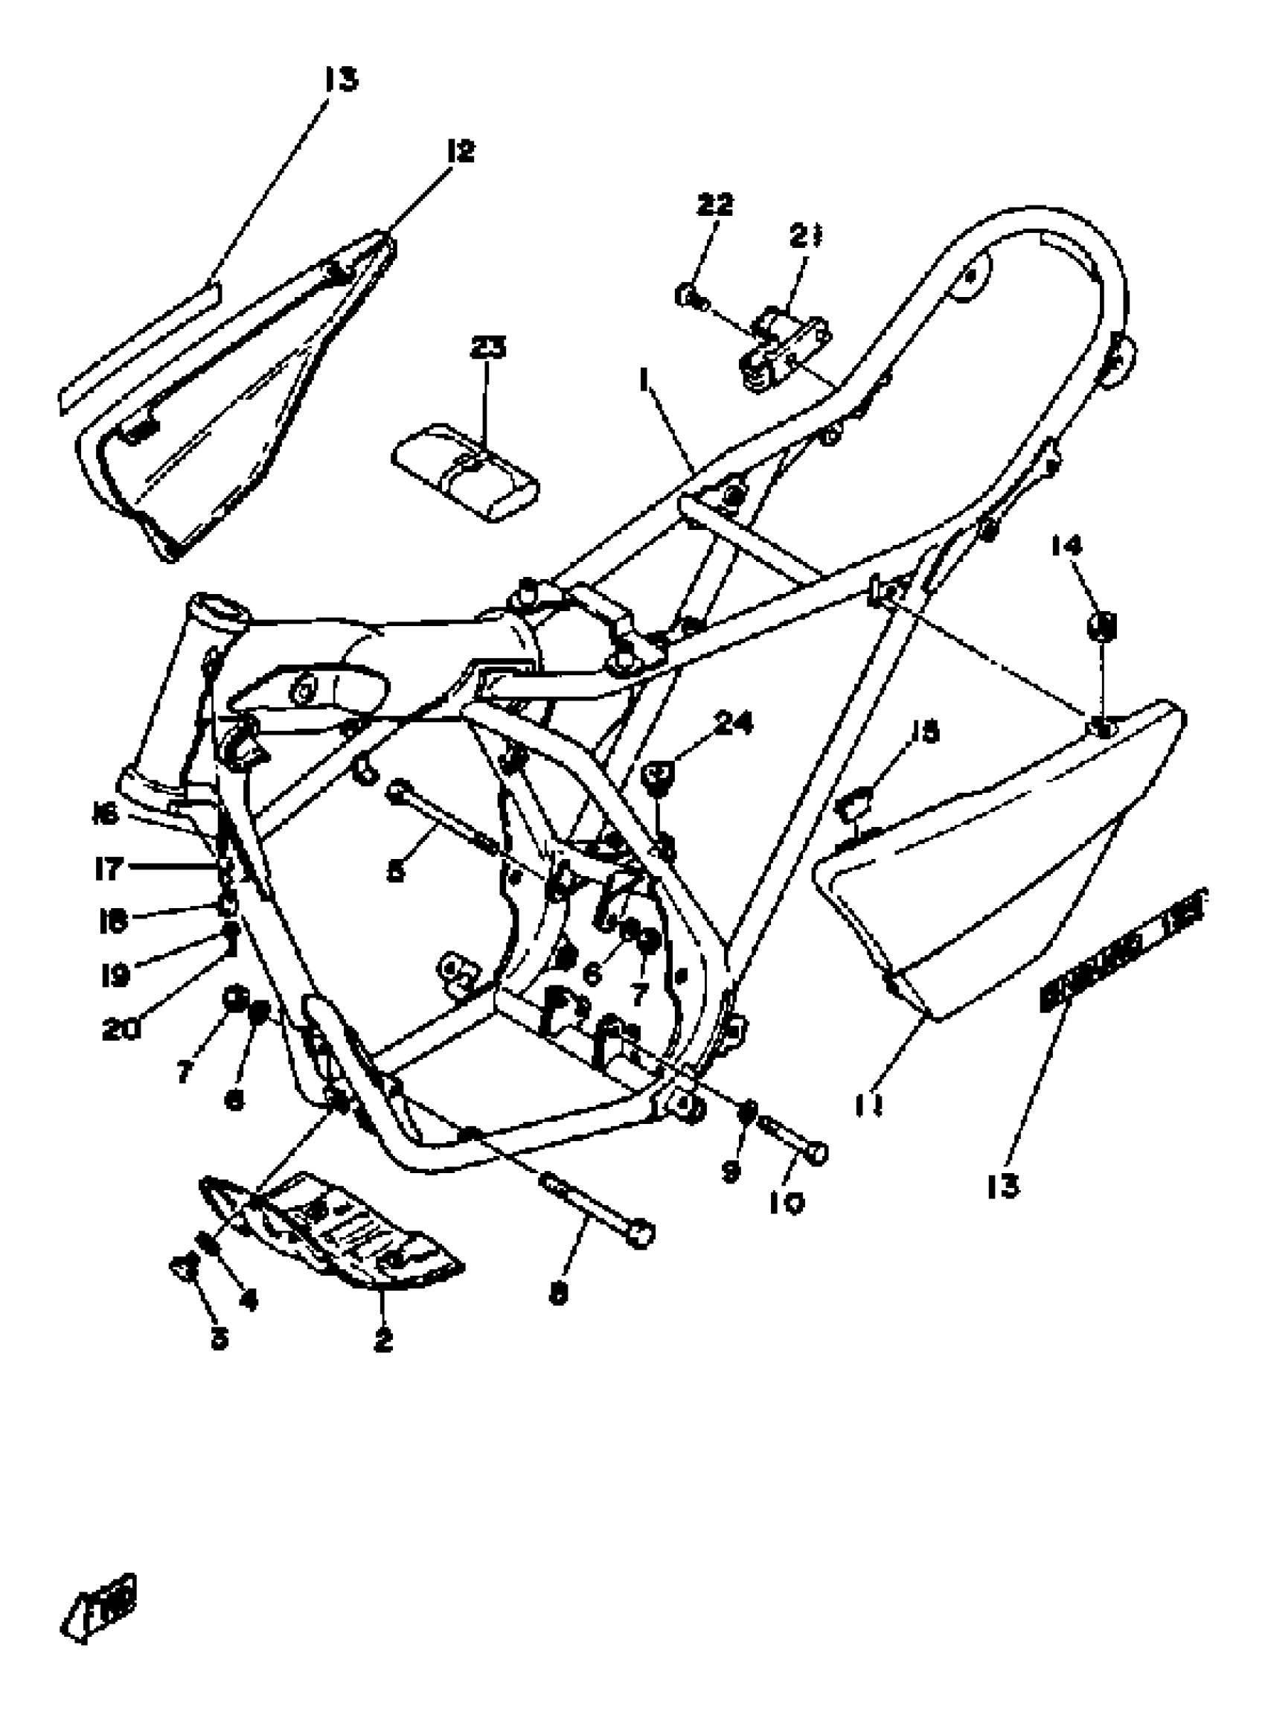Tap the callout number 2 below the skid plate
click(383, 1341)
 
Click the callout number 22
click(714, 205)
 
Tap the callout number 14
click(1066, 546)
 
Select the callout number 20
click(121, 1029)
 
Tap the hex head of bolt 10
click(816, 1154)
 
